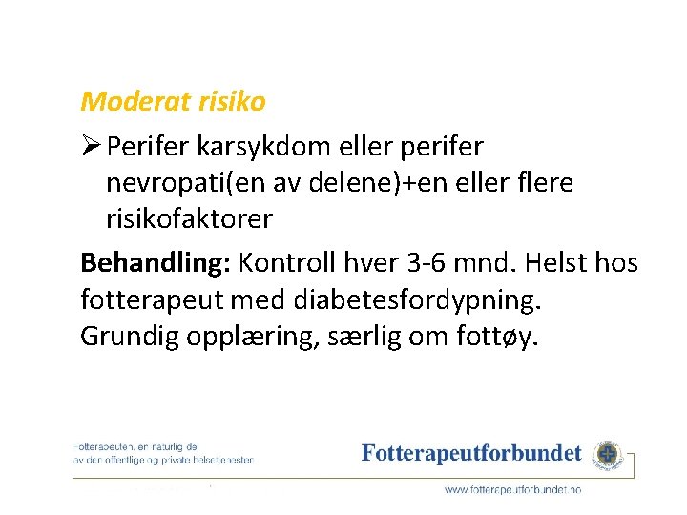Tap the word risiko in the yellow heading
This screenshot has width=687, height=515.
[x=231, y=100]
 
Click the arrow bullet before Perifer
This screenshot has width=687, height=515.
[x=92, y=147]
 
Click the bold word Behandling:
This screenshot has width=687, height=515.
[x=156, y=261]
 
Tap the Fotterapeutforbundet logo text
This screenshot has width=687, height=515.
[x=471, y=453]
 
